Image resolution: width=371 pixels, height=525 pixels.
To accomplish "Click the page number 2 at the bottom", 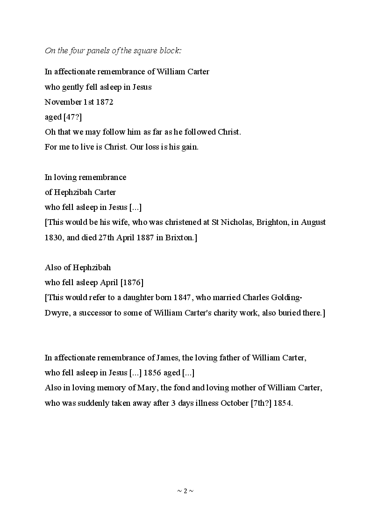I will (x=185, y=491).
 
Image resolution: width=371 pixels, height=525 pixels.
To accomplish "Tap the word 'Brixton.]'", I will (x=181, y=237).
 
